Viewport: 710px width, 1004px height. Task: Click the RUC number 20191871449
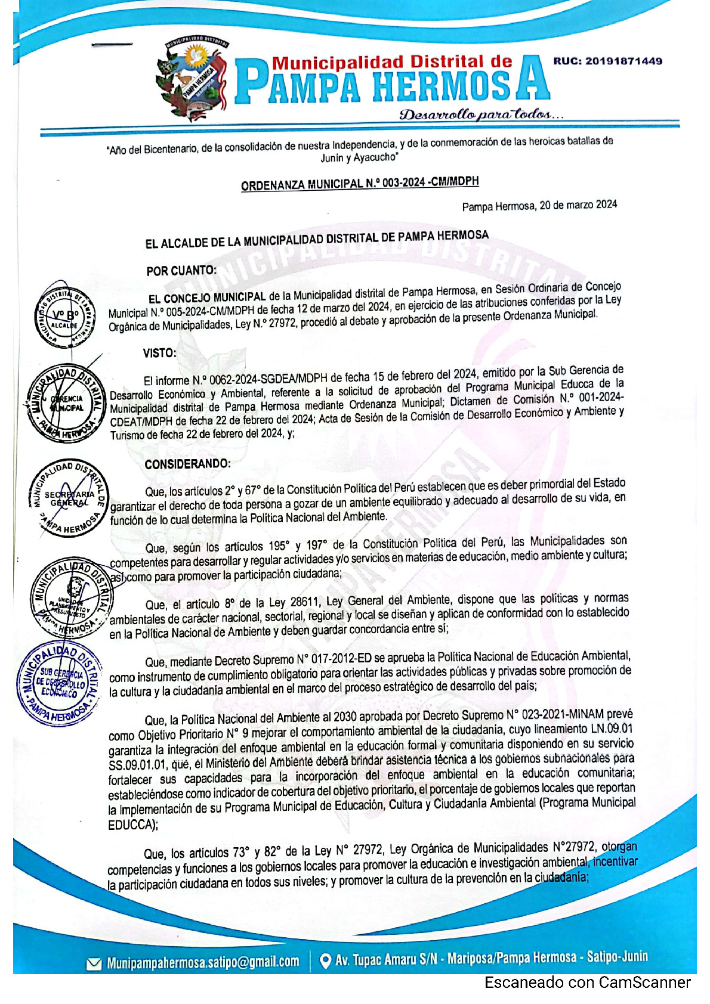(607, 61)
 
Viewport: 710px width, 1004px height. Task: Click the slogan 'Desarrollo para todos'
(481, 114)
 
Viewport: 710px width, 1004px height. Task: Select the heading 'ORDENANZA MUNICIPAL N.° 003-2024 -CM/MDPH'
(360, 184)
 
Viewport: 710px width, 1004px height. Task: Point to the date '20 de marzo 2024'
(578, 205)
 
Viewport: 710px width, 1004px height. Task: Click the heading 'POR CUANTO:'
(181, 271)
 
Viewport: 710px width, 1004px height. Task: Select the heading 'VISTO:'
(160, 353)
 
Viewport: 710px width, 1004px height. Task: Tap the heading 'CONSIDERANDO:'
(187, 464)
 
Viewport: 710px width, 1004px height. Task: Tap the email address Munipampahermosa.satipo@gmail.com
(203, 962)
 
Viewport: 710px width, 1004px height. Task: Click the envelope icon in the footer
(94, 963)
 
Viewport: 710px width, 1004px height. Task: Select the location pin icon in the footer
(326, 961)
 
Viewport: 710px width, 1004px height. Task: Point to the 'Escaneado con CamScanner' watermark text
(587, 983)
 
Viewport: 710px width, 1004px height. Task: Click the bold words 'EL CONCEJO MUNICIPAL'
(207, 298)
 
